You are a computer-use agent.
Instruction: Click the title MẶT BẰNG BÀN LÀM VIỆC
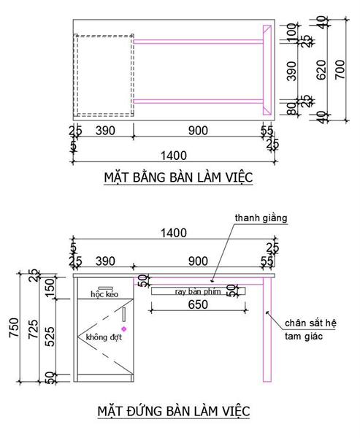click(177, 177)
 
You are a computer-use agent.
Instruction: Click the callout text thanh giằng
click(261, 218)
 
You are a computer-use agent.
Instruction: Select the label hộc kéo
click(104, 294)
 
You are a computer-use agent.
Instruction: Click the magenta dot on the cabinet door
click(123, 329)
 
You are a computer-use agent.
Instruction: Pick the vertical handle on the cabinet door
click(124, 315)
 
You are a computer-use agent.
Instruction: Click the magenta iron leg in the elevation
click(268, 336)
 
